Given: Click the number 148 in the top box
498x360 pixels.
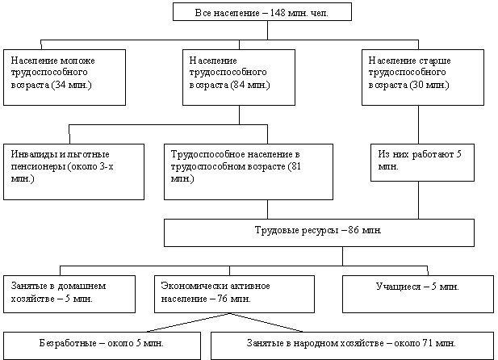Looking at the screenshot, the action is [278, 13].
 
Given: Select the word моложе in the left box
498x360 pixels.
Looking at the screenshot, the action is [77, 61].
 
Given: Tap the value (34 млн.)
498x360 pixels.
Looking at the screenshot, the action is [72, 85].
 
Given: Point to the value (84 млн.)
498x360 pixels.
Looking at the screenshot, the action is [249, 85].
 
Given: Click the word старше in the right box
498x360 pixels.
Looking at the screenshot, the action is [435, 61].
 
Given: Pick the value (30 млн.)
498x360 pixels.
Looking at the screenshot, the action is [429, 85].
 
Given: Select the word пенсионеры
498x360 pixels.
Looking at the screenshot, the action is [38, 167].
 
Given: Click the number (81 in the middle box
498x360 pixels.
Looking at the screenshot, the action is [294, 166].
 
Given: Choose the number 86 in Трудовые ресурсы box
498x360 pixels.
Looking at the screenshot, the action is [354, 230].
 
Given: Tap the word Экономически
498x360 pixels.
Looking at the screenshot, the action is [191, 286].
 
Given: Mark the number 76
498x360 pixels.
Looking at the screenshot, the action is [222, 299].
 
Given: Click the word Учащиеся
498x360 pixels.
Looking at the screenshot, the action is [398, 287].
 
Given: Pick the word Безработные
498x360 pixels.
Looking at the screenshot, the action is [68, 343].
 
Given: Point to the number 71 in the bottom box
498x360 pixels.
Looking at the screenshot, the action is [427, 343].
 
